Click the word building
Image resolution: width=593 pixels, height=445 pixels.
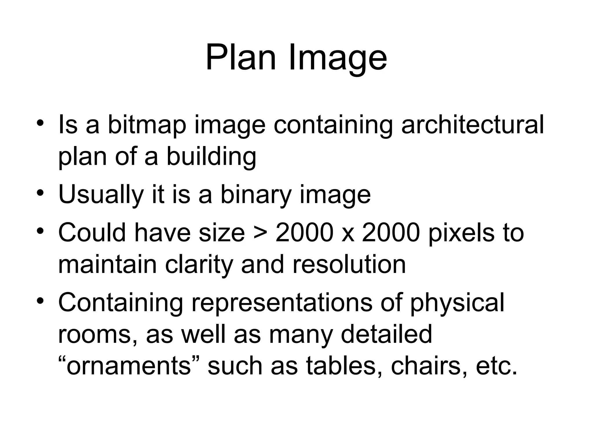coord(211,157)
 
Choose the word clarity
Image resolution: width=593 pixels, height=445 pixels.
coord(199,265)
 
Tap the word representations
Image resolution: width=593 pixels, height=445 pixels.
coord(281,302)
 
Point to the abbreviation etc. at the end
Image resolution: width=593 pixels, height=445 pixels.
coord(496,366)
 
